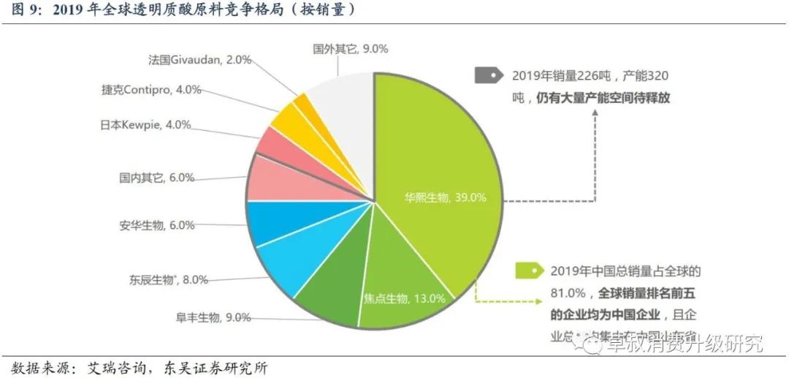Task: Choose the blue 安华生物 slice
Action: [x=270, y=222]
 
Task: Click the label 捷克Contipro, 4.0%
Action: [x=151, y=90]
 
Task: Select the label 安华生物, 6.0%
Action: [x=156, y=225]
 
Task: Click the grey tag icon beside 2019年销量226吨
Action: [x=489, y=75]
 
